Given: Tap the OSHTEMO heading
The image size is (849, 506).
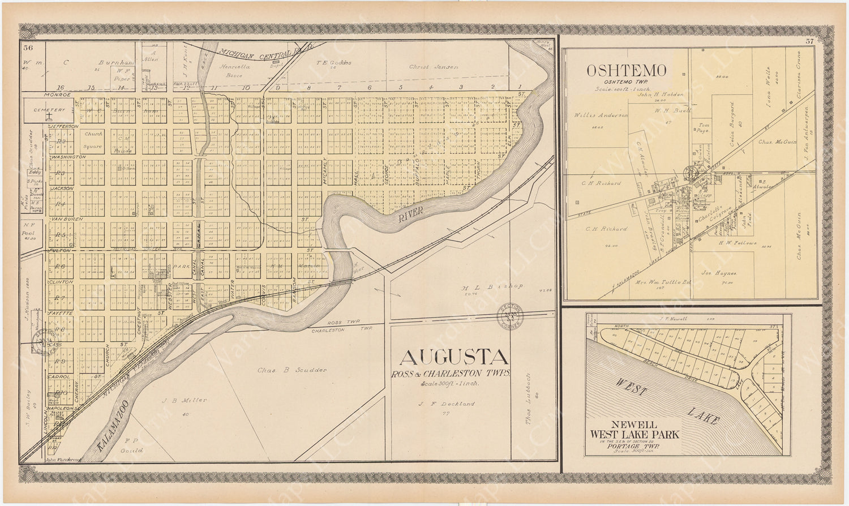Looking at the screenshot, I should (x=626, y=70).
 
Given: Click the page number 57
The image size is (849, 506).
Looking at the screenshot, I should (x=809, y=41).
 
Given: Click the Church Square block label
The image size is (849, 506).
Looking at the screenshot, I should (x=92, y=140).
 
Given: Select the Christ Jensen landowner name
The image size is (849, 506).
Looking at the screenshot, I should (x=433, y=67).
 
